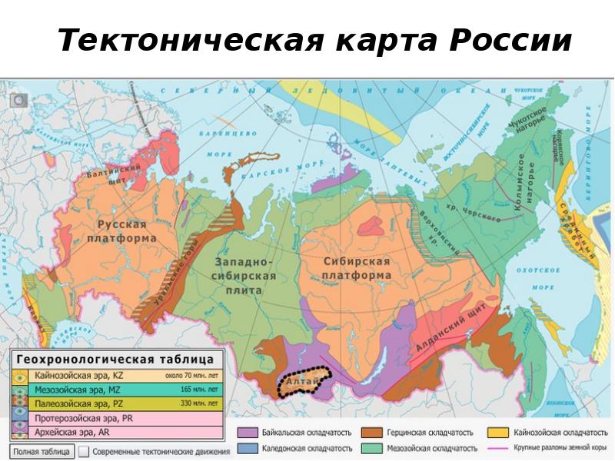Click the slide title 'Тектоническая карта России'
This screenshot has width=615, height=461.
pos(314,40)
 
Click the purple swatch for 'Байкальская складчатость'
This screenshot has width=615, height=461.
pos(247,433)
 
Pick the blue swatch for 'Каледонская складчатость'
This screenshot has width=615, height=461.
pos(247,448)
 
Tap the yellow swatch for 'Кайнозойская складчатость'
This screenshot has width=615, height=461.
pos(501,433)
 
